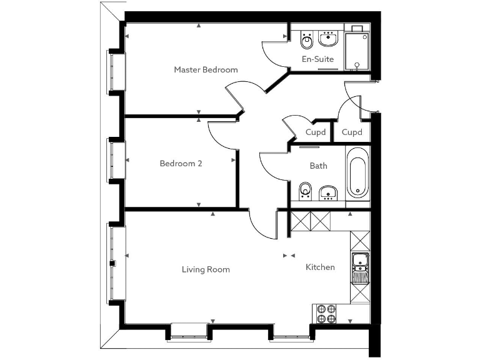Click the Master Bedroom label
coord(206,69)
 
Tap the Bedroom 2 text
coord(181,164)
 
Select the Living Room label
coord(206,269)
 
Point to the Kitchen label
coord(320,267)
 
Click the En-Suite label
coord(317,59)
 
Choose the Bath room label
coord(318,166)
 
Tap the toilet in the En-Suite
coord(306,41)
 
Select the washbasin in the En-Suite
coord(328,39)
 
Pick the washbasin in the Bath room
coord(328,192)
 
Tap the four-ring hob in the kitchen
coord(324,313)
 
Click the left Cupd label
coord(316,132)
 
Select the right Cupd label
coord(352,132)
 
